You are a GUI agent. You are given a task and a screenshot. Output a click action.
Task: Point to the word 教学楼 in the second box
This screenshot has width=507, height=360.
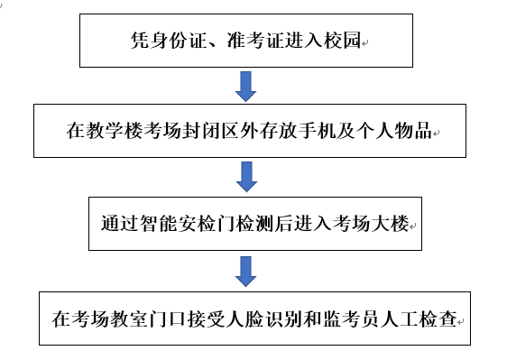[113, 132]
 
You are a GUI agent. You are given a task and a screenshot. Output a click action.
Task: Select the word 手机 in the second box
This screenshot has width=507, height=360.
[322, 132]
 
